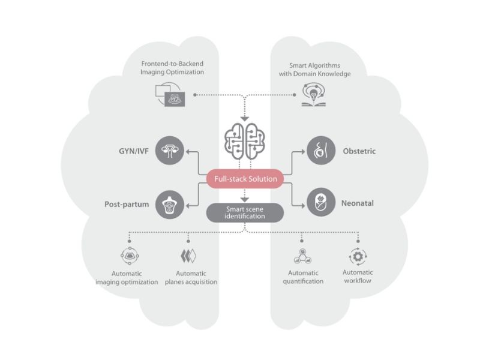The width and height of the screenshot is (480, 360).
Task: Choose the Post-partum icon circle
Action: (170, 204)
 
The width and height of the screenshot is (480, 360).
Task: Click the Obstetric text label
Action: (359, 151)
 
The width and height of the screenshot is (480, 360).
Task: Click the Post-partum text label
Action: (126, 204)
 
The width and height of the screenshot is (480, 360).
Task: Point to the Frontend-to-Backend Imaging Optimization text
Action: (173, 68)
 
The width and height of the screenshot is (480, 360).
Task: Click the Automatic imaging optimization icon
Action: (130, 257)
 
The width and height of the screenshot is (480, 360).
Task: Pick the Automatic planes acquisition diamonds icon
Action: (189, 257)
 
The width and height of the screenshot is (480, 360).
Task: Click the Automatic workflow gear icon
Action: (358, 257)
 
